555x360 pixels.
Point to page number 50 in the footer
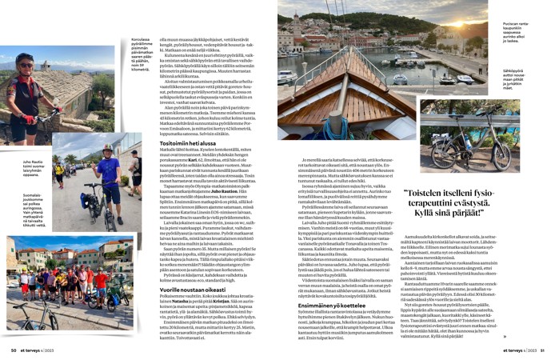point(14,349)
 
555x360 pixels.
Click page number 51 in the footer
point(541,349)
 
